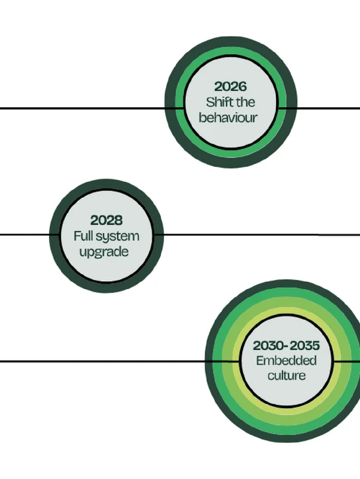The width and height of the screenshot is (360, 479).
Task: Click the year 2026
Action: (230, 87)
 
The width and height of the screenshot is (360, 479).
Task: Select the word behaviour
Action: (228, 118)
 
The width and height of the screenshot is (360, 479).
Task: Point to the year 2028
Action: (107, 220)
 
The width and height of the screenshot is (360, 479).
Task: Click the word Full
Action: (83, 236)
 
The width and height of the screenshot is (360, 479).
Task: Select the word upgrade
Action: (104, 252)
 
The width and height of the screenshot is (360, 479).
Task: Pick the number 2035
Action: (304, 346)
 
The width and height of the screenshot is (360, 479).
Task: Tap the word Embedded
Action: (286, 361)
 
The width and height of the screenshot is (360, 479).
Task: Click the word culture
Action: (287, 375)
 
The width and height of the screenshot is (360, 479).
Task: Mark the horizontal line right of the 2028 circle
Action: (257, 235)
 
